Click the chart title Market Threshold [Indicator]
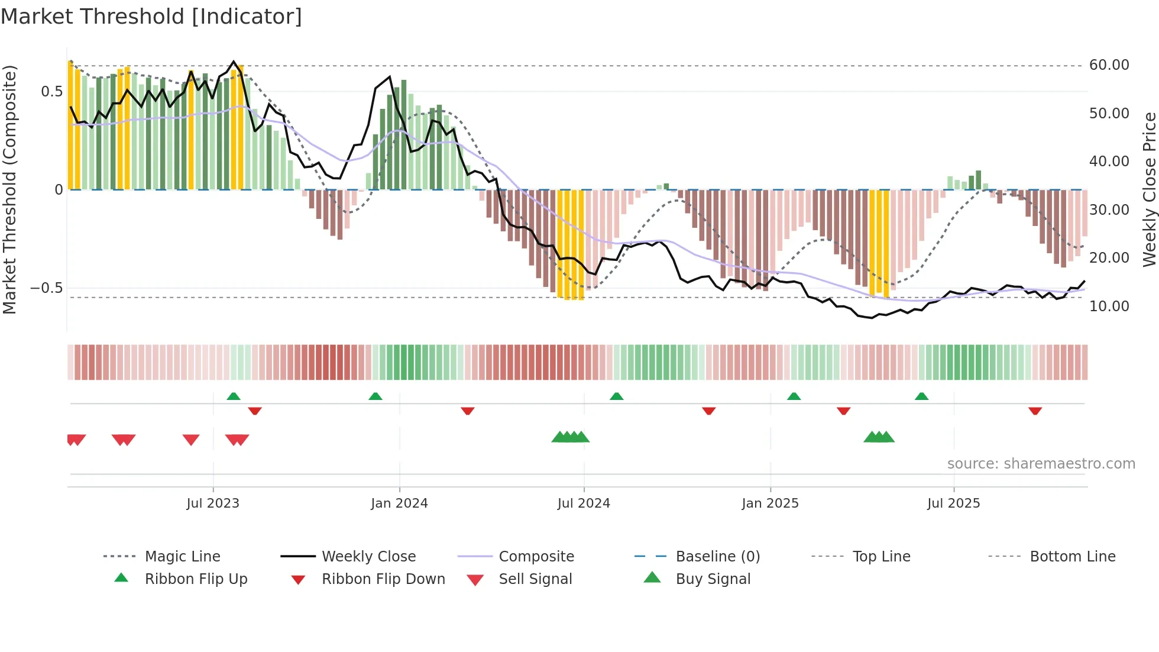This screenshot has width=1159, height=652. [x=151, y=17]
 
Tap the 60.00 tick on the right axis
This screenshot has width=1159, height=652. [x=1109, y=65]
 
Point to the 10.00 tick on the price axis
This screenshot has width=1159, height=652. [x=1109, y=306]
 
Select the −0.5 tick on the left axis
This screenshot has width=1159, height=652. [x=47, y=288]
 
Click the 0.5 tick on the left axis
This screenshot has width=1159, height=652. [x=51, y=92]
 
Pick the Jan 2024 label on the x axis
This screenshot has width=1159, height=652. [x=399, y=503]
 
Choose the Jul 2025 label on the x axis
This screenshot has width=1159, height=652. [x=953, y=503]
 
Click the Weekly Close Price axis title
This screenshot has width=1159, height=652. [x=1149, y=189]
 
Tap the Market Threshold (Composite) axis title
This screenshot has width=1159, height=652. [x=9, y=189]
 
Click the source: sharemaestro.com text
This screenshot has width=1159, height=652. [x=1041, y=464]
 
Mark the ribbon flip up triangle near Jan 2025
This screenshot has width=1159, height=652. [x=794, y=396]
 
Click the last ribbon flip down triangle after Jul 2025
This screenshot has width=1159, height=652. [x=1035, y=411]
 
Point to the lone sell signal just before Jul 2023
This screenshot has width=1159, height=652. [x=191, y=440]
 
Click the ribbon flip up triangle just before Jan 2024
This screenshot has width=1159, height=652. [x=375, y=396]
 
